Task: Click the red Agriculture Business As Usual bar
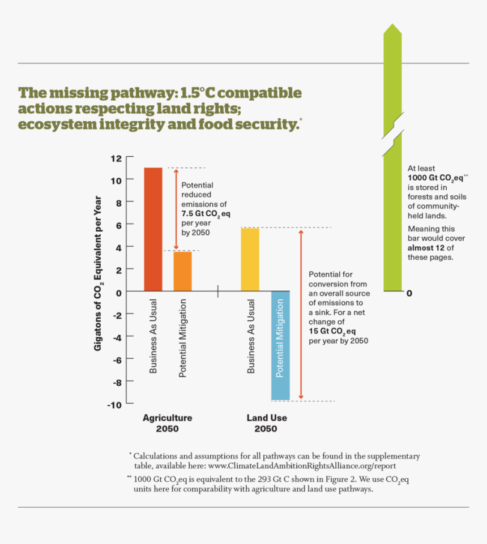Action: pos(153,229)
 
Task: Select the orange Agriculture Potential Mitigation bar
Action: pos(183,271)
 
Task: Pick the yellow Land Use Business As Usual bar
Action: pos(250,259)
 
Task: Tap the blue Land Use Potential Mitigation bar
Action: pos(280,345)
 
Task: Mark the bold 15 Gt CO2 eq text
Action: pos(332,331)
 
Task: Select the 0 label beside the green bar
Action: pos(409,293)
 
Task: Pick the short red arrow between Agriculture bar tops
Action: pos(176,209)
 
